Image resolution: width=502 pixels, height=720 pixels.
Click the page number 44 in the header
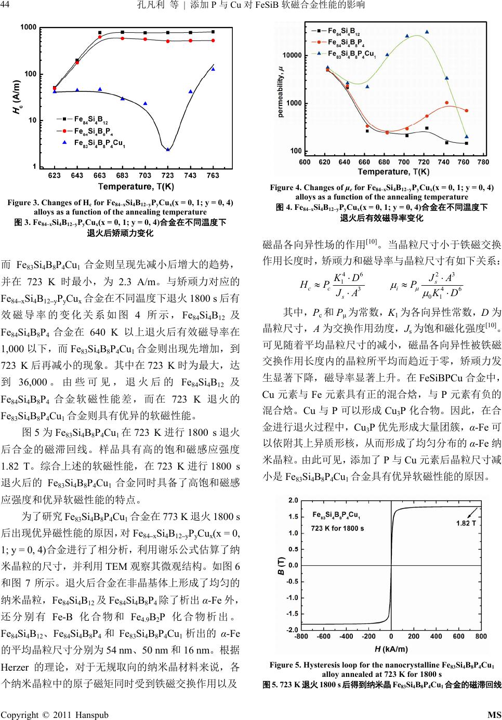(7, 6)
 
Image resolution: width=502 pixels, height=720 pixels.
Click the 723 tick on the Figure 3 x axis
(167, 176)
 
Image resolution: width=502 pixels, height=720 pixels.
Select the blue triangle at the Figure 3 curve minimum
(168, 149)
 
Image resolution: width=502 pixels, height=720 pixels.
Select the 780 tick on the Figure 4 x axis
(483, 162)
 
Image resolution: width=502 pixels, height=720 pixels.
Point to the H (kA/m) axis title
(391, 649)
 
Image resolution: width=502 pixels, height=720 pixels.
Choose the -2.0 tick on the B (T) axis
(293, 629)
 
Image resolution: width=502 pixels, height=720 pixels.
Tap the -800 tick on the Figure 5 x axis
(301, 637)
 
